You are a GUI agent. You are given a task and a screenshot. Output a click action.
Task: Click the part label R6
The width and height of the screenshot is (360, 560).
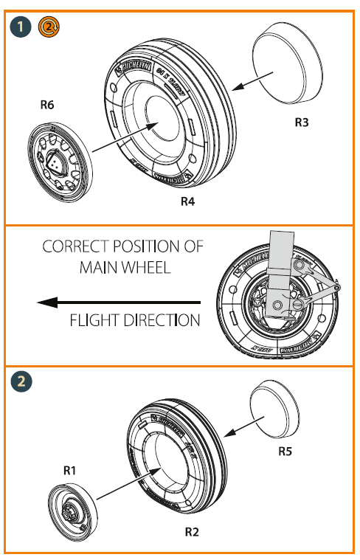[x=46, y=106]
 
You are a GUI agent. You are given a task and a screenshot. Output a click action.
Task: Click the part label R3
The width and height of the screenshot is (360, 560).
[x=301, y=122]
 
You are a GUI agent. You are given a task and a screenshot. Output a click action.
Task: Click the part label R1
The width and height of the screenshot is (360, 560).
[x=69, y=469]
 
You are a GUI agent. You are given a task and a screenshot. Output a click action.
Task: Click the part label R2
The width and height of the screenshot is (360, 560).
[x=192, y=530]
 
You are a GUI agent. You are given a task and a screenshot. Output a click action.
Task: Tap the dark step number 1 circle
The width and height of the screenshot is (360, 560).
[x=22, y=27]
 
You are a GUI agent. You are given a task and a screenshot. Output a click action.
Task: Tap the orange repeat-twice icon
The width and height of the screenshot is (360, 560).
[x=48, y=27]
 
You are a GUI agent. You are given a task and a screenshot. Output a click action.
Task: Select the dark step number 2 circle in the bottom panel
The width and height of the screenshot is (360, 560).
[x=22, y=381]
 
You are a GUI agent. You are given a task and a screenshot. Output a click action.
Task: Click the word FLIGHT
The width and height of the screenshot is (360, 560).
[x=96, y=320]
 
